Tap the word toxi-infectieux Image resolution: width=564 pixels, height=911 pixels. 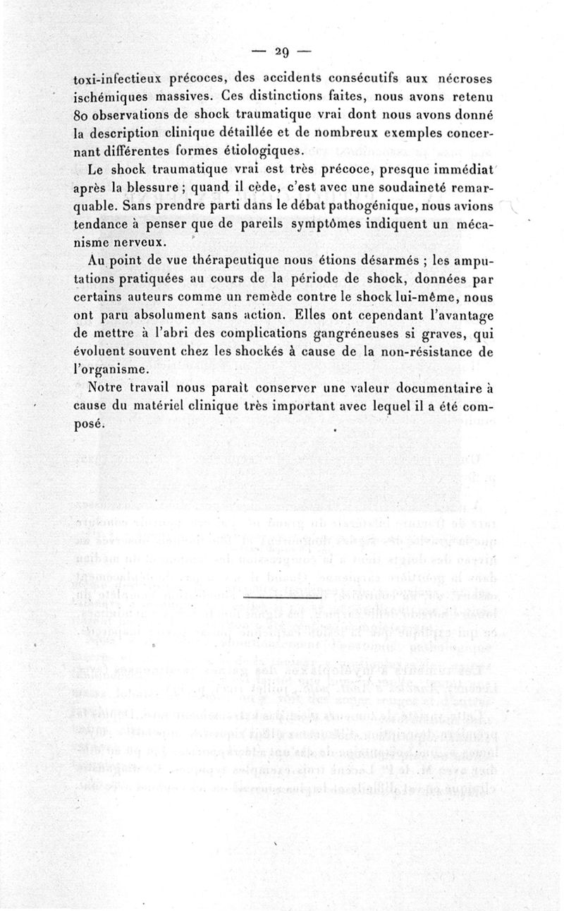[x=118, y=78]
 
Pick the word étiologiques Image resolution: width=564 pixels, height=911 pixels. [x=265, y=150]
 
